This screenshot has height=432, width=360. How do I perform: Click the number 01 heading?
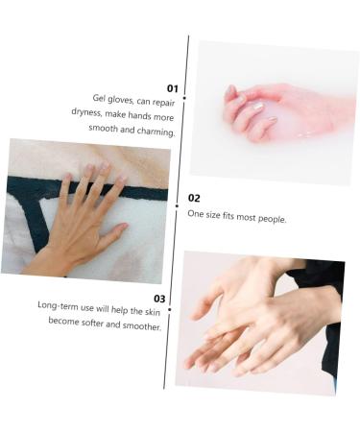click(x=173, y=88)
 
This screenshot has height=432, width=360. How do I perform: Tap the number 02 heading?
click(x=194, y=198)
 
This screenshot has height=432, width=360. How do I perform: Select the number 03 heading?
click(x=159, y=299)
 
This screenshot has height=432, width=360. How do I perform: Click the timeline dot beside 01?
click(x=184, y=98)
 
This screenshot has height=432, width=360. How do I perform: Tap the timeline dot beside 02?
click(x=177, y=205)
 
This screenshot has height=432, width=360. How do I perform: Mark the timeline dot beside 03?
click(x=169, y=309)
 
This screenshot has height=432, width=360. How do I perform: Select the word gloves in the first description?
click(x=122, y=99)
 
